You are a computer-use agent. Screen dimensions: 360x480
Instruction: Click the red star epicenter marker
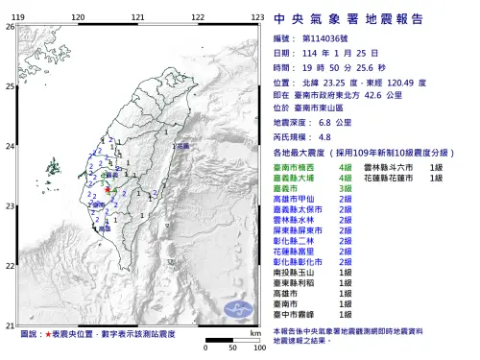[108, 192]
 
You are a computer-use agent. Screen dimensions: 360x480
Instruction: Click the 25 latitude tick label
[10, 86]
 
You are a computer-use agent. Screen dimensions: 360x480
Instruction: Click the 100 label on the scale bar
[258, 347]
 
